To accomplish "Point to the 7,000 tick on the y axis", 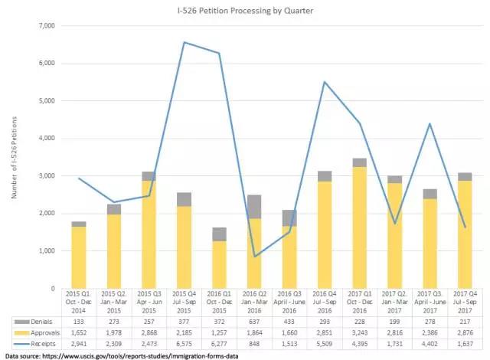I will [x=47, y=26].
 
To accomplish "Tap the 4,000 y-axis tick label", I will [x=47, y=139].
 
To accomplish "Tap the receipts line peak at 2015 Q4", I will [x=185, y=42].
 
